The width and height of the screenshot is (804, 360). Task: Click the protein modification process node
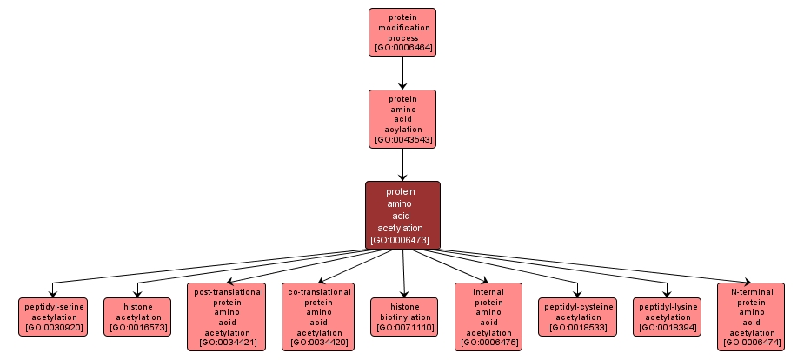pyautogui.click(x=402, y=32)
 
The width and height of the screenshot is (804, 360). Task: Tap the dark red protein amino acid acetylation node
pyautogui.click(x=402, y=215)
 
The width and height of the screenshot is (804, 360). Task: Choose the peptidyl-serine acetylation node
pyautogui.click(x=53, y=317)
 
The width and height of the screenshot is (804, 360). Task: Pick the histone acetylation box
pyautogui.click(x=137, y=317)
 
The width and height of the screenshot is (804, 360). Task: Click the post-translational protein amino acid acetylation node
pyautogui.click(x=227, y=317)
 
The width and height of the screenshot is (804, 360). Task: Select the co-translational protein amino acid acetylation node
pyautogui.click(x=317, y=317)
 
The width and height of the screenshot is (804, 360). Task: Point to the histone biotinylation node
pyautogui.click(x=404, y=317)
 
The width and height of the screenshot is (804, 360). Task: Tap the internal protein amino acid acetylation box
pyautogui.click(x=488, y=317)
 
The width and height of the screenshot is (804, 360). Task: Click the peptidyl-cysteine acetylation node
pyautogui.click(x=578, y=317)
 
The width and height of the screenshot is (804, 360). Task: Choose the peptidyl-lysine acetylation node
pyautogui.click(x=668, y=317)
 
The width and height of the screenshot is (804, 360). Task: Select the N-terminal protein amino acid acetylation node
pyautogui.click(x=751, y=317)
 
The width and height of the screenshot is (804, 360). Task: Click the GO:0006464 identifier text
pyautogui.click(x=402, y=49)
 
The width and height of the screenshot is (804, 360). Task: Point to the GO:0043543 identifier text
pyautogui.click(x=402, y=139)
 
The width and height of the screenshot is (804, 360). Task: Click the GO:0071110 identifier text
pyautogui.click(x=404, y=328)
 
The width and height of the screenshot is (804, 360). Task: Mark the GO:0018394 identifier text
pyautogui.click(x=668, y=328)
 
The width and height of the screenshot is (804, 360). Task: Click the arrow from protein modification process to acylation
pyautogui.click(x=402, y=72)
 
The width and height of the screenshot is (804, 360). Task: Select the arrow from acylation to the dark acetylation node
pyautogui.click(x=402, y=163)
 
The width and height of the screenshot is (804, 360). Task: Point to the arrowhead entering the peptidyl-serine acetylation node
pyautogui.click(x=53, y=294)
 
